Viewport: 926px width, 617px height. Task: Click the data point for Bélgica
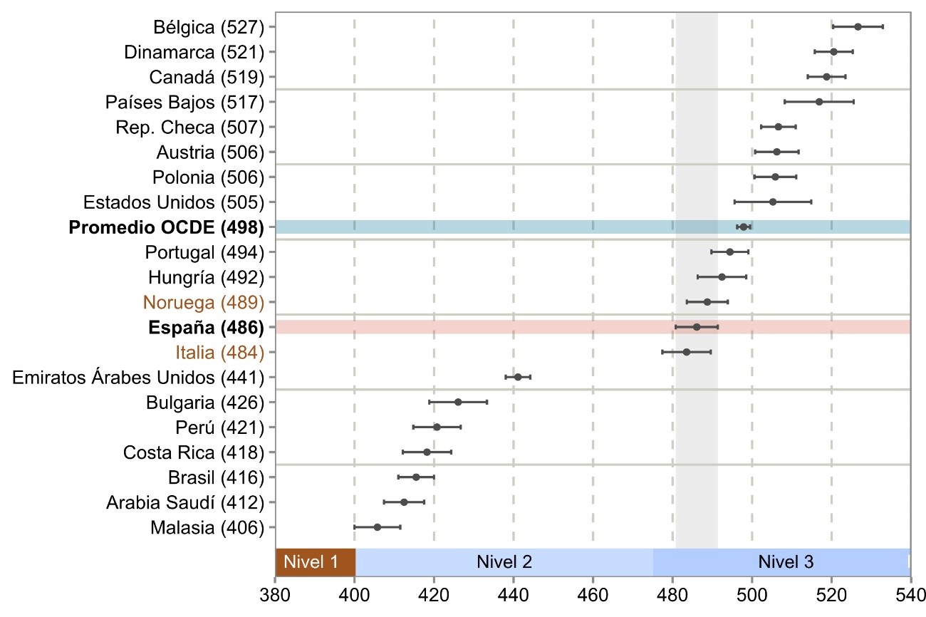pos(858,26)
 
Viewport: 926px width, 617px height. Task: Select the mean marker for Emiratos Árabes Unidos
pos(518,377)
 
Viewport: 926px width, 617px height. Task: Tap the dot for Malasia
pos(378,527)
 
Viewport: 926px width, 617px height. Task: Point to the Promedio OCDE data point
pos(744,227)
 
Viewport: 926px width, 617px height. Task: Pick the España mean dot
pos(697,327)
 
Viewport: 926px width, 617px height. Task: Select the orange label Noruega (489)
pos(204,302)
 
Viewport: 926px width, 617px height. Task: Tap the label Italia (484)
pos(219,352)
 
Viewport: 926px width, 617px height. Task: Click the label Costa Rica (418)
pos(194,452)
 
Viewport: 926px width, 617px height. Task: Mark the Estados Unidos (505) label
pos(174,202)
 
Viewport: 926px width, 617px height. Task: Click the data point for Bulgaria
pos(458,402)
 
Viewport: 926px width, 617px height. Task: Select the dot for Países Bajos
pos(819,102)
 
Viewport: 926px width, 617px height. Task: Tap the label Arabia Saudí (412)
pos(185,502)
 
